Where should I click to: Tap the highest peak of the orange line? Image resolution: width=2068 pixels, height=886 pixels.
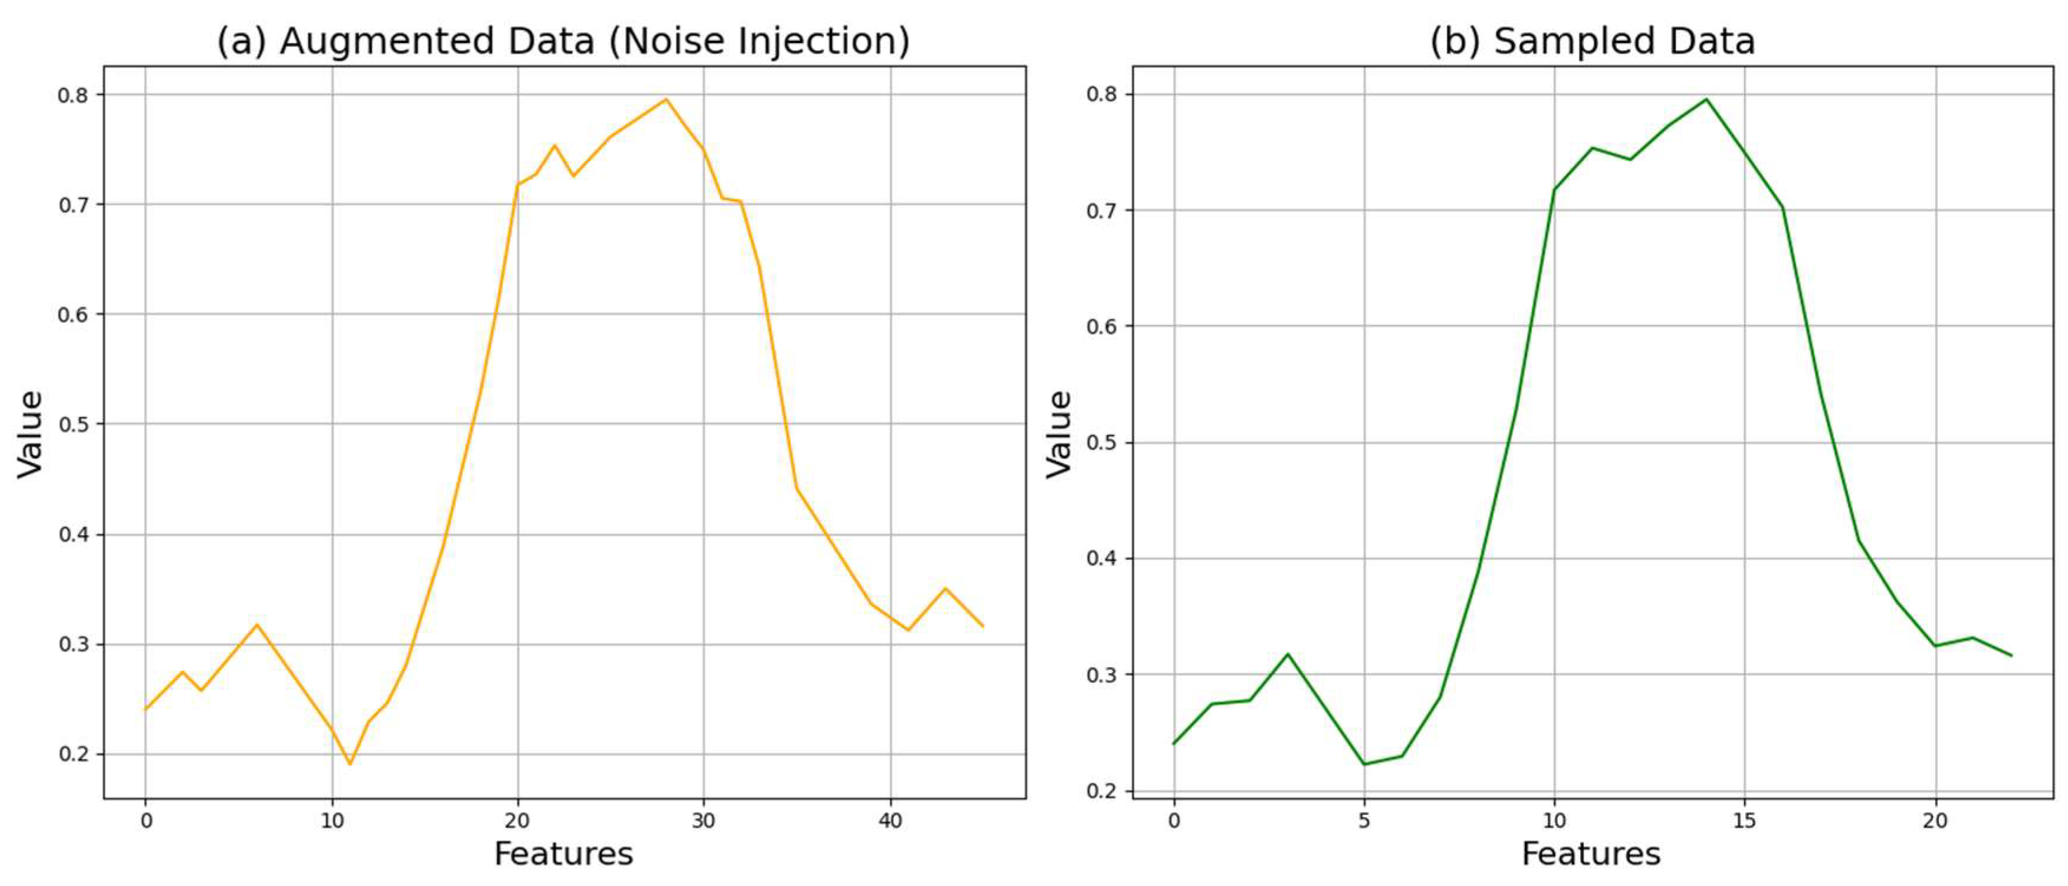pos(665,100)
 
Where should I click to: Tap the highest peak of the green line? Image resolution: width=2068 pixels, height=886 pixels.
pos(1706,100)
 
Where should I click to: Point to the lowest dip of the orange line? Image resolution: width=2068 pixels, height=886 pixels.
pos(350,763)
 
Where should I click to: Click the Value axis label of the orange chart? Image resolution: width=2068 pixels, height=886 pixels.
pos(31,434)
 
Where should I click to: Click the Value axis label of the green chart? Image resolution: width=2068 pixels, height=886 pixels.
pos(1059,434)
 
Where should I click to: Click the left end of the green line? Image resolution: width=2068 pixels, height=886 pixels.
pos(1174,743)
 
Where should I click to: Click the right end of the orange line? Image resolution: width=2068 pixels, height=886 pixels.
pos(983,626)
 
